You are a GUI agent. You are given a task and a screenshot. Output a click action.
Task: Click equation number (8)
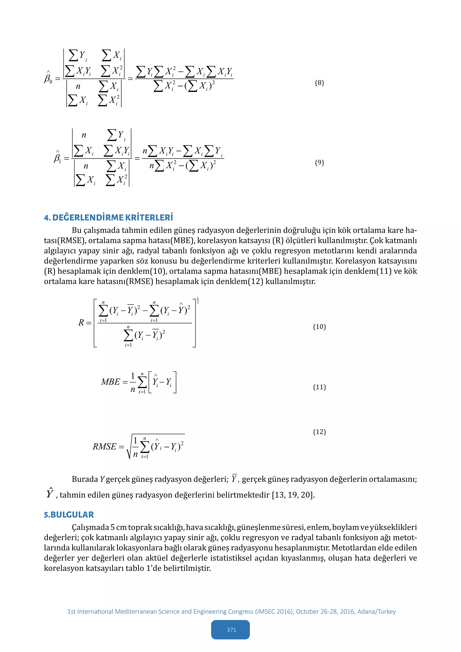[319, 83]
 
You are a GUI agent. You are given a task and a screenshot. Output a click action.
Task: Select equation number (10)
[319, 327]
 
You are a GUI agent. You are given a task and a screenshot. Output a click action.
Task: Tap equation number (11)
[319, 387]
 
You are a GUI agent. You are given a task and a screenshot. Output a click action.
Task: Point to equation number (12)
[319, 432]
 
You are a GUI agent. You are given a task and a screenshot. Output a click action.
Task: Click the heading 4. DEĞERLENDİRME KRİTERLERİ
[108, 217]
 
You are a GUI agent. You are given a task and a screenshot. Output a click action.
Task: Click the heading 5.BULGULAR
[69, 515]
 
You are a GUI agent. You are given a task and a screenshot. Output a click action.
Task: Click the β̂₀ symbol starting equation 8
[48, 77]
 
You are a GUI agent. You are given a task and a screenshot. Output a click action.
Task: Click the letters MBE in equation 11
[111, 382]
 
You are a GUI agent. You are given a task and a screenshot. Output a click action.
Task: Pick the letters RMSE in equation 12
[104, 447]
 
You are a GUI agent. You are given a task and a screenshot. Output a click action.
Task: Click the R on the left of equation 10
[81, 323]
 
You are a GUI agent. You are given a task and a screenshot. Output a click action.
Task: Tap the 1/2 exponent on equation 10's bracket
[198, 300]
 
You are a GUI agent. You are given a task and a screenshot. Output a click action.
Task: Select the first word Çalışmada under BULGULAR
[90, 527]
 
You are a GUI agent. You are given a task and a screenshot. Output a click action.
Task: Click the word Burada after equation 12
[85, 479]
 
